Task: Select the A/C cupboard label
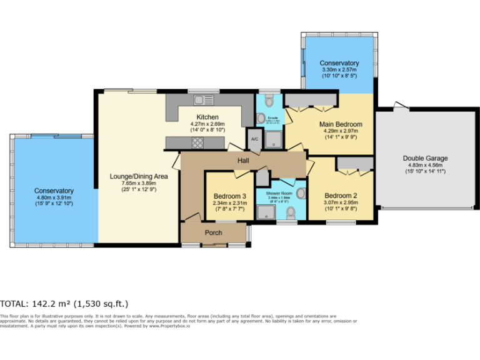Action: click(254, 139)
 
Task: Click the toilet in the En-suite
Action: click(269, 100)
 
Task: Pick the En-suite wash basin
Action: click(261, 117)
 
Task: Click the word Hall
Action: click(244, 161)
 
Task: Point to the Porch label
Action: click(214, 233)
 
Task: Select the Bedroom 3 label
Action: click(229, 196)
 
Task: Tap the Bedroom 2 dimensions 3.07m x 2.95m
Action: click(341, 202)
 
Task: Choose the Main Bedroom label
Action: click(341, 124)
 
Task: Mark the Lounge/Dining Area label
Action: click(138, 176)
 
